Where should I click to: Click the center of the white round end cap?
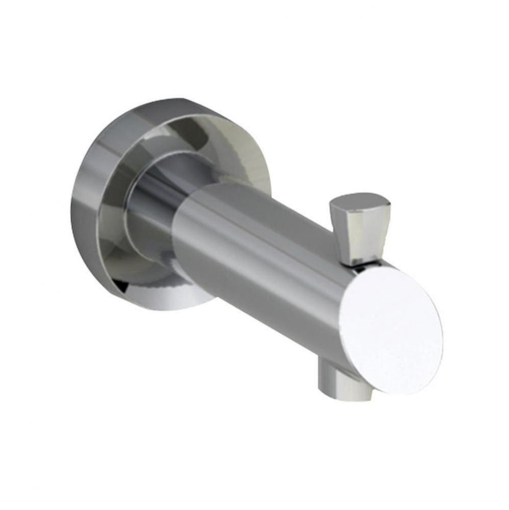391,330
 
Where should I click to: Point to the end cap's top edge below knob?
377,269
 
